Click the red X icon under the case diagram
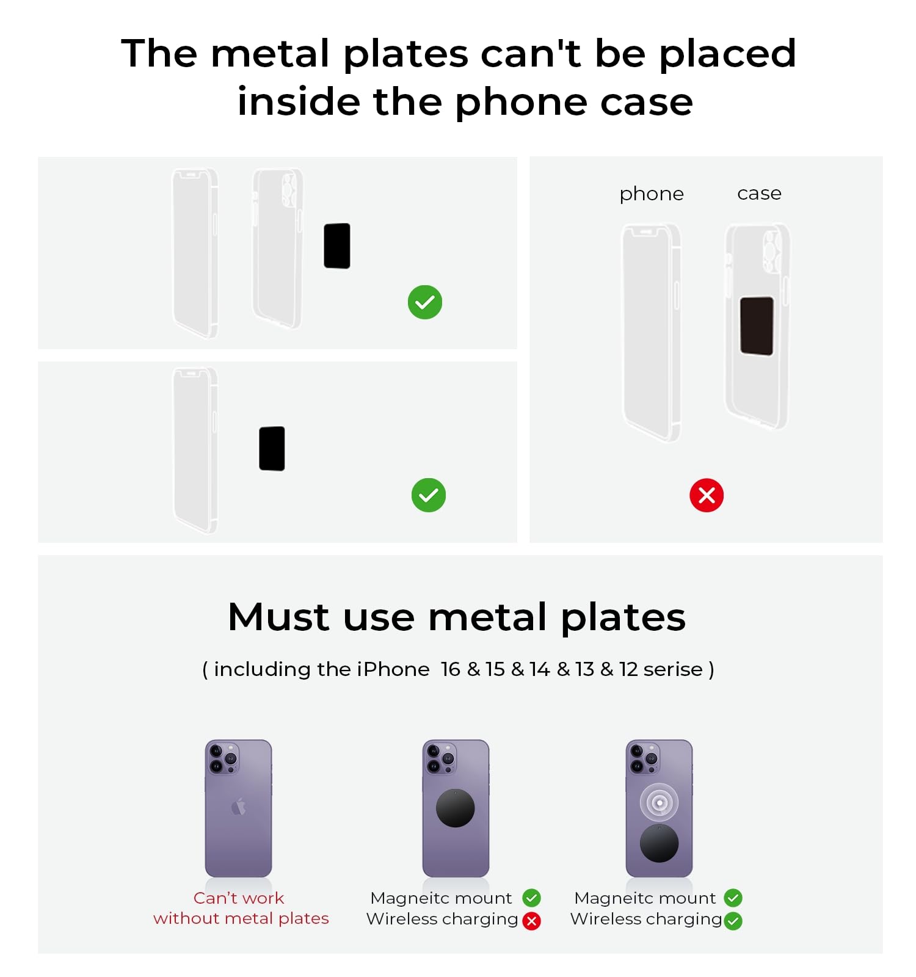[707, 495]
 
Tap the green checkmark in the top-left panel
[425, 302]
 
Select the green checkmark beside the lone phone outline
[429, 495]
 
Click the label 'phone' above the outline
[652, 194]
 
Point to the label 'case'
[759, 194]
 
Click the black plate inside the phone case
[757, 325]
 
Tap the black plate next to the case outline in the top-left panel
[337, 245]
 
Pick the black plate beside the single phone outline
[272, 448]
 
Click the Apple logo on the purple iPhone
[238, 807]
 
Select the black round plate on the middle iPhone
[456, 808]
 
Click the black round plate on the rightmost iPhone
[659, 843]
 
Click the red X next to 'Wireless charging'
[532, 921]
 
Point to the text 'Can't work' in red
[239, 898]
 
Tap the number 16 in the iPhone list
[451, 669]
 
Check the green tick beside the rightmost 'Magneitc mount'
[733, 898]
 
